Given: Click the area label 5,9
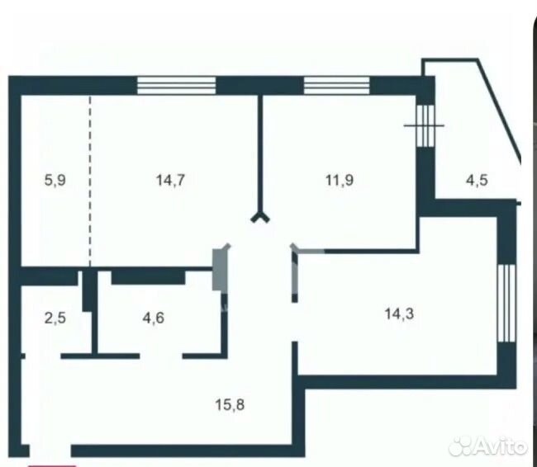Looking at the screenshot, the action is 55,180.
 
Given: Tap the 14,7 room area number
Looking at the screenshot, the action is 170,180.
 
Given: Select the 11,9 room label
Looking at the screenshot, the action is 340,180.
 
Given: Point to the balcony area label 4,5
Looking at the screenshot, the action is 477,180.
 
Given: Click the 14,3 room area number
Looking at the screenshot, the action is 399,314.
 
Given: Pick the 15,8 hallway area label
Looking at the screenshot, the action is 230,405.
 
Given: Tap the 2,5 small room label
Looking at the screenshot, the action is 55,318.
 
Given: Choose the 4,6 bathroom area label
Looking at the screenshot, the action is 154,318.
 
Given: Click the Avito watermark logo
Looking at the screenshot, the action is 488,446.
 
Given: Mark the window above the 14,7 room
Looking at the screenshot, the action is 176,85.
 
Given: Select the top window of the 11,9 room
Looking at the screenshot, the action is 336,85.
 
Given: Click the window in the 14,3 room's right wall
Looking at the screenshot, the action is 506,303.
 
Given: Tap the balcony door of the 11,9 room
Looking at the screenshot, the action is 425,125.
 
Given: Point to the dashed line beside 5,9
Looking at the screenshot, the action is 90,182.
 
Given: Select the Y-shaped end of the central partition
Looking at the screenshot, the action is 260,218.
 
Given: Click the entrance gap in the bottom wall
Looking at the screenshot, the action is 50,451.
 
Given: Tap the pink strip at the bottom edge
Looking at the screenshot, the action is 52,465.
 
